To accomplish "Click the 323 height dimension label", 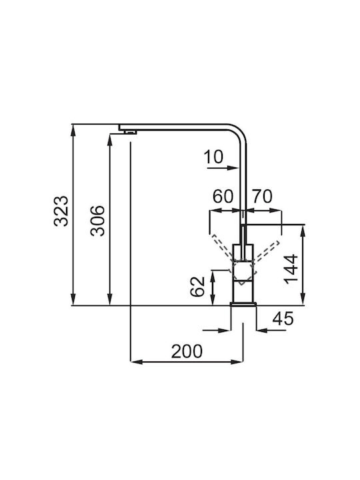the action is click(x=61, y=211).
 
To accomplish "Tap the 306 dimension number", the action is click(x=97, y=221).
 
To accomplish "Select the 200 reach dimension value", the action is click(x=187, y=351).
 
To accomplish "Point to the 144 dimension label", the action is click(x=291, y=269).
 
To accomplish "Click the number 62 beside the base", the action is click(x=197, y=287).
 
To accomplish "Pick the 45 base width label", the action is click(x=283, y=319).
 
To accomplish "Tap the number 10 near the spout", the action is click(x=213, y=157).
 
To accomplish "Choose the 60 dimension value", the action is click(x=223, y=196).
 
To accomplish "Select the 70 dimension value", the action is click(x=262, y=196).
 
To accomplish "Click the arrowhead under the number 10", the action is click(x=233, y=168).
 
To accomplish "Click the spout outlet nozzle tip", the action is click(x=130, y=132).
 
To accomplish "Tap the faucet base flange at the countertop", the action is click(x=243, y=303).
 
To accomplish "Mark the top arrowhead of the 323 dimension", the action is click(x=73, y=130).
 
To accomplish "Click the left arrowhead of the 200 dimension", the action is click(x=137, y=362).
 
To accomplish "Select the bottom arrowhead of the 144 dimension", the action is click(x=303, y=299).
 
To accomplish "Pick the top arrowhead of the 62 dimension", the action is click(x=213, y=276).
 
